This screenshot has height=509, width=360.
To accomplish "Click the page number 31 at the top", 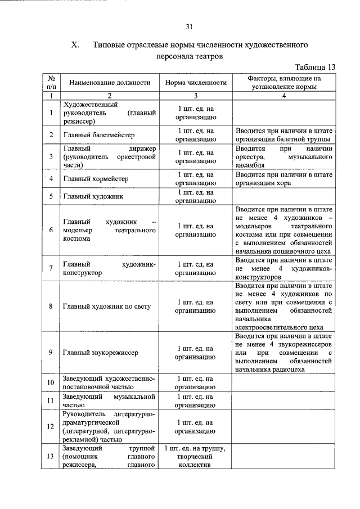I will click(189, 26).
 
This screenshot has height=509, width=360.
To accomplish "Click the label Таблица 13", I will click(315, 67).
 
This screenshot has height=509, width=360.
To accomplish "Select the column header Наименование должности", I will click(110, 83).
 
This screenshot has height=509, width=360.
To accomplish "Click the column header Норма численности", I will click(195, 83).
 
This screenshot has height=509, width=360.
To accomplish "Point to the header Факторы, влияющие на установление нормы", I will click(284, 83).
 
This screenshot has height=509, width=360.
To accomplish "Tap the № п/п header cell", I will click(51, 83).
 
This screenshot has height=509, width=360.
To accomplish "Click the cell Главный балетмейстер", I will click(100, 135).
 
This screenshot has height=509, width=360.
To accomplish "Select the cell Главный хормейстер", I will click(96, 179).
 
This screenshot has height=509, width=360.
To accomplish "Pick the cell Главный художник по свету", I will click(107, 306).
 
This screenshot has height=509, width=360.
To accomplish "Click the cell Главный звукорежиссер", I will click(101, 352).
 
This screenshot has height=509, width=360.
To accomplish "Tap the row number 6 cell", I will click(51, 230).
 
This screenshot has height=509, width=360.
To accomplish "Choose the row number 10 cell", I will click(51, 383).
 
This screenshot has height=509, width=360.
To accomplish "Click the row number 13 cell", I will click(51, 457).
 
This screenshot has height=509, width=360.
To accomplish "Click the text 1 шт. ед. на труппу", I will click(195, 448).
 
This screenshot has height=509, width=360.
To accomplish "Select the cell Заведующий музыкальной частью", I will click(110, 400).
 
